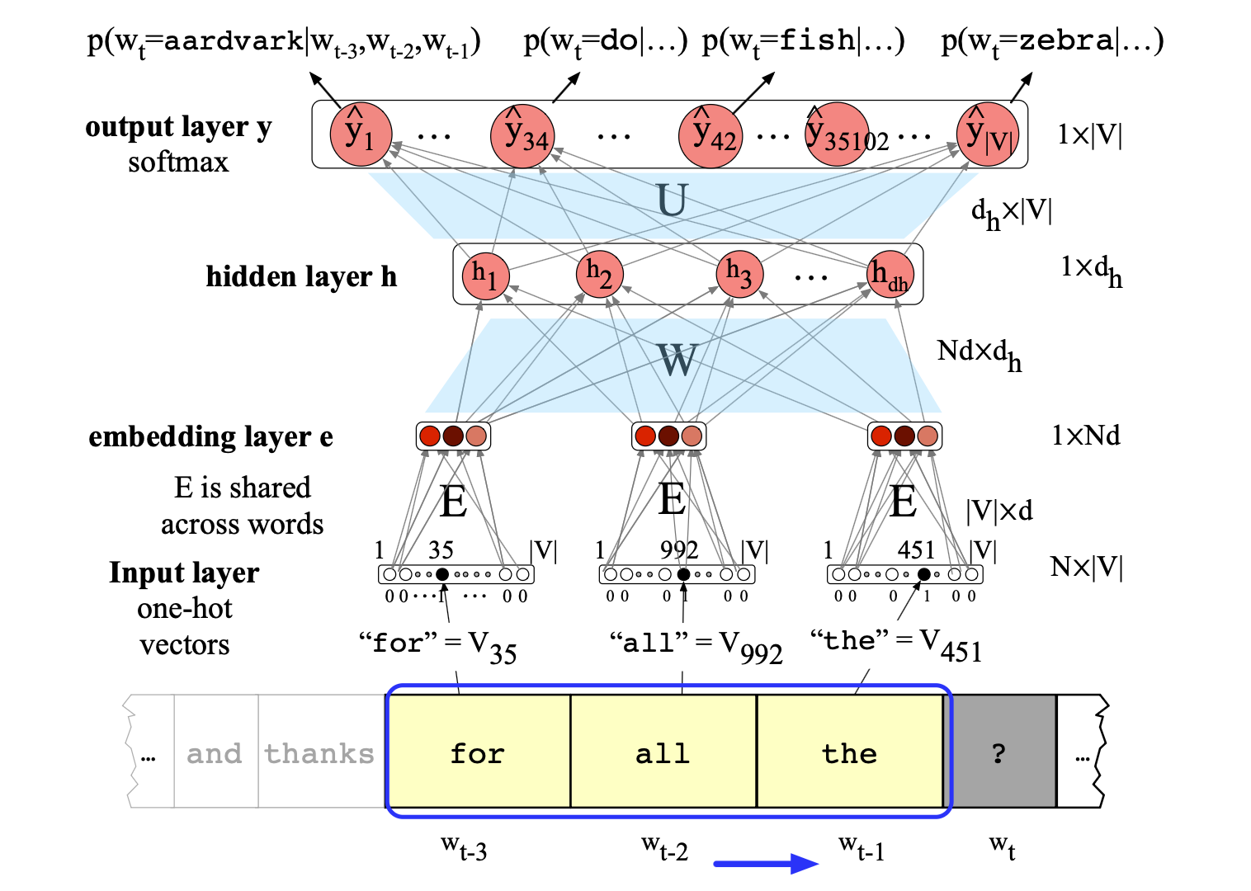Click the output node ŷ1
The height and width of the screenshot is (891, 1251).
[361, 134]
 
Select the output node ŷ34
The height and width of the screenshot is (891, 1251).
[522, 135]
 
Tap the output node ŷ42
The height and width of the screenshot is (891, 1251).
[710, 135]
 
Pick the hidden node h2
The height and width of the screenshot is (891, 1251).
[599, 274]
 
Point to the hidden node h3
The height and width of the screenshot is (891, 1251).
[739, 274]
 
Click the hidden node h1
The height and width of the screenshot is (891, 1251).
[485, 274]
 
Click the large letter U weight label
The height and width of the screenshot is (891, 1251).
[672, 200]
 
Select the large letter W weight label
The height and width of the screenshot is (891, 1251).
[677, 360]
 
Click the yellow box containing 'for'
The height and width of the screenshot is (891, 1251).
[479, 752]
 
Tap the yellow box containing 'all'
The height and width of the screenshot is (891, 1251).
[663, 752]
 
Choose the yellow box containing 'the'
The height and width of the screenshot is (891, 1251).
[849, 752]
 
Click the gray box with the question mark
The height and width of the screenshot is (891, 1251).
[999, 752]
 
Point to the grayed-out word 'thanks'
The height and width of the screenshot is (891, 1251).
[319, 753]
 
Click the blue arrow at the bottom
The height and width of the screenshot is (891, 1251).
[766, 864]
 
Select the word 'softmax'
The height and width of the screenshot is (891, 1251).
[178, 162]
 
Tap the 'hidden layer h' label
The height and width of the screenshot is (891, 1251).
[301, 276]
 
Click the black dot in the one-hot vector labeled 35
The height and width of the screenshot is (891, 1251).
[442, 574]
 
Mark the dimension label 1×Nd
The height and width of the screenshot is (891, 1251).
[1086, 436]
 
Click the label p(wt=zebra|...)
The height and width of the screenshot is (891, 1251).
[1052, 41]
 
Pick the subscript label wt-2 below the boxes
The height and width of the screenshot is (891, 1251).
[664, 847]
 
